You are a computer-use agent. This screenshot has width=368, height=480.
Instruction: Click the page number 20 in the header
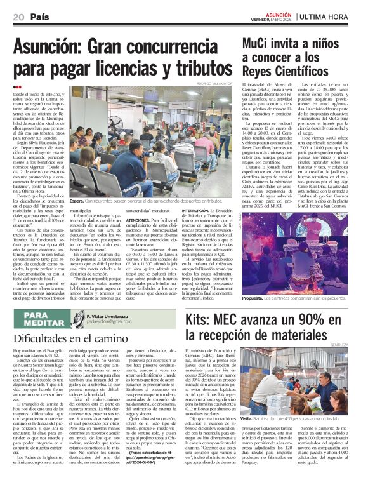click(x=18, y=16)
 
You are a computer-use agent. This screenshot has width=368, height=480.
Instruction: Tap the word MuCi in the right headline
click(x=259, y=43)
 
